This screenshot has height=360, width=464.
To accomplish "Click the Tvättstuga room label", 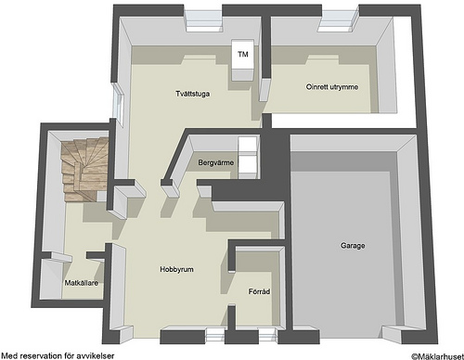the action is click(192, 94).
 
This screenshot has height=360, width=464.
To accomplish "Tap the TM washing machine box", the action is click(243, 59).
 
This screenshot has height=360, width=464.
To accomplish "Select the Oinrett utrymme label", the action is click(332, 87).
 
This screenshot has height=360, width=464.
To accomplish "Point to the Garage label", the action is click(353, 246).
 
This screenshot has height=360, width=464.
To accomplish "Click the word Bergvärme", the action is click(216, 162).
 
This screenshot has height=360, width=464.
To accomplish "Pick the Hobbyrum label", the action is click(176, 269).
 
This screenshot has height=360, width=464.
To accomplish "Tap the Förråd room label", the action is click(259, 291).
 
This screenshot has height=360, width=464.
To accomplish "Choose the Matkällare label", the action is click(82, 283).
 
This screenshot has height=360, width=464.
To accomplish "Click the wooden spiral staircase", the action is click(84, 170).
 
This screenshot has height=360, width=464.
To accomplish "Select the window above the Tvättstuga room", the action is click(203, 20).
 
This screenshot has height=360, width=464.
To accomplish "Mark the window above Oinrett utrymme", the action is click(340, 20).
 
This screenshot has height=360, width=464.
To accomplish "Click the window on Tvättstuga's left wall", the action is click(119, 105).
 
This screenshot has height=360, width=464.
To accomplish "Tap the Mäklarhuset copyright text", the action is click(437, 356).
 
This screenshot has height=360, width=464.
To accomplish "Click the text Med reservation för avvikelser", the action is click(58, 355).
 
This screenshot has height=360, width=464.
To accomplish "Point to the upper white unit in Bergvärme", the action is click(248, 146).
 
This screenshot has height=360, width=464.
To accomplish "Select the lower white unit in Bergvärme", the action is click(248, 167).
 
